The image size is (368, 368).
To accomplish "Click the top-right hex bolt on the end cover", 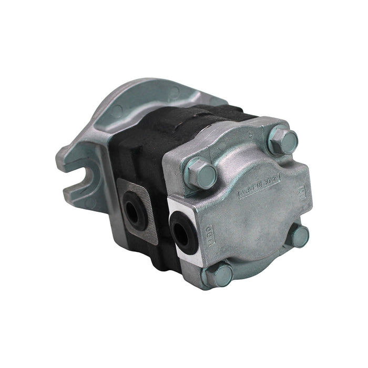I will click(x=283, y=141).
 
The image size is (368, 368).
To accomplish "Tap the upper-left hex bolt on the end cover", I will click(x=201, y=173).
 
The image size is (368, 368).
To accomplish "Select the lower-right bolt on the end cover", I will click(x=300, y=236).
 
